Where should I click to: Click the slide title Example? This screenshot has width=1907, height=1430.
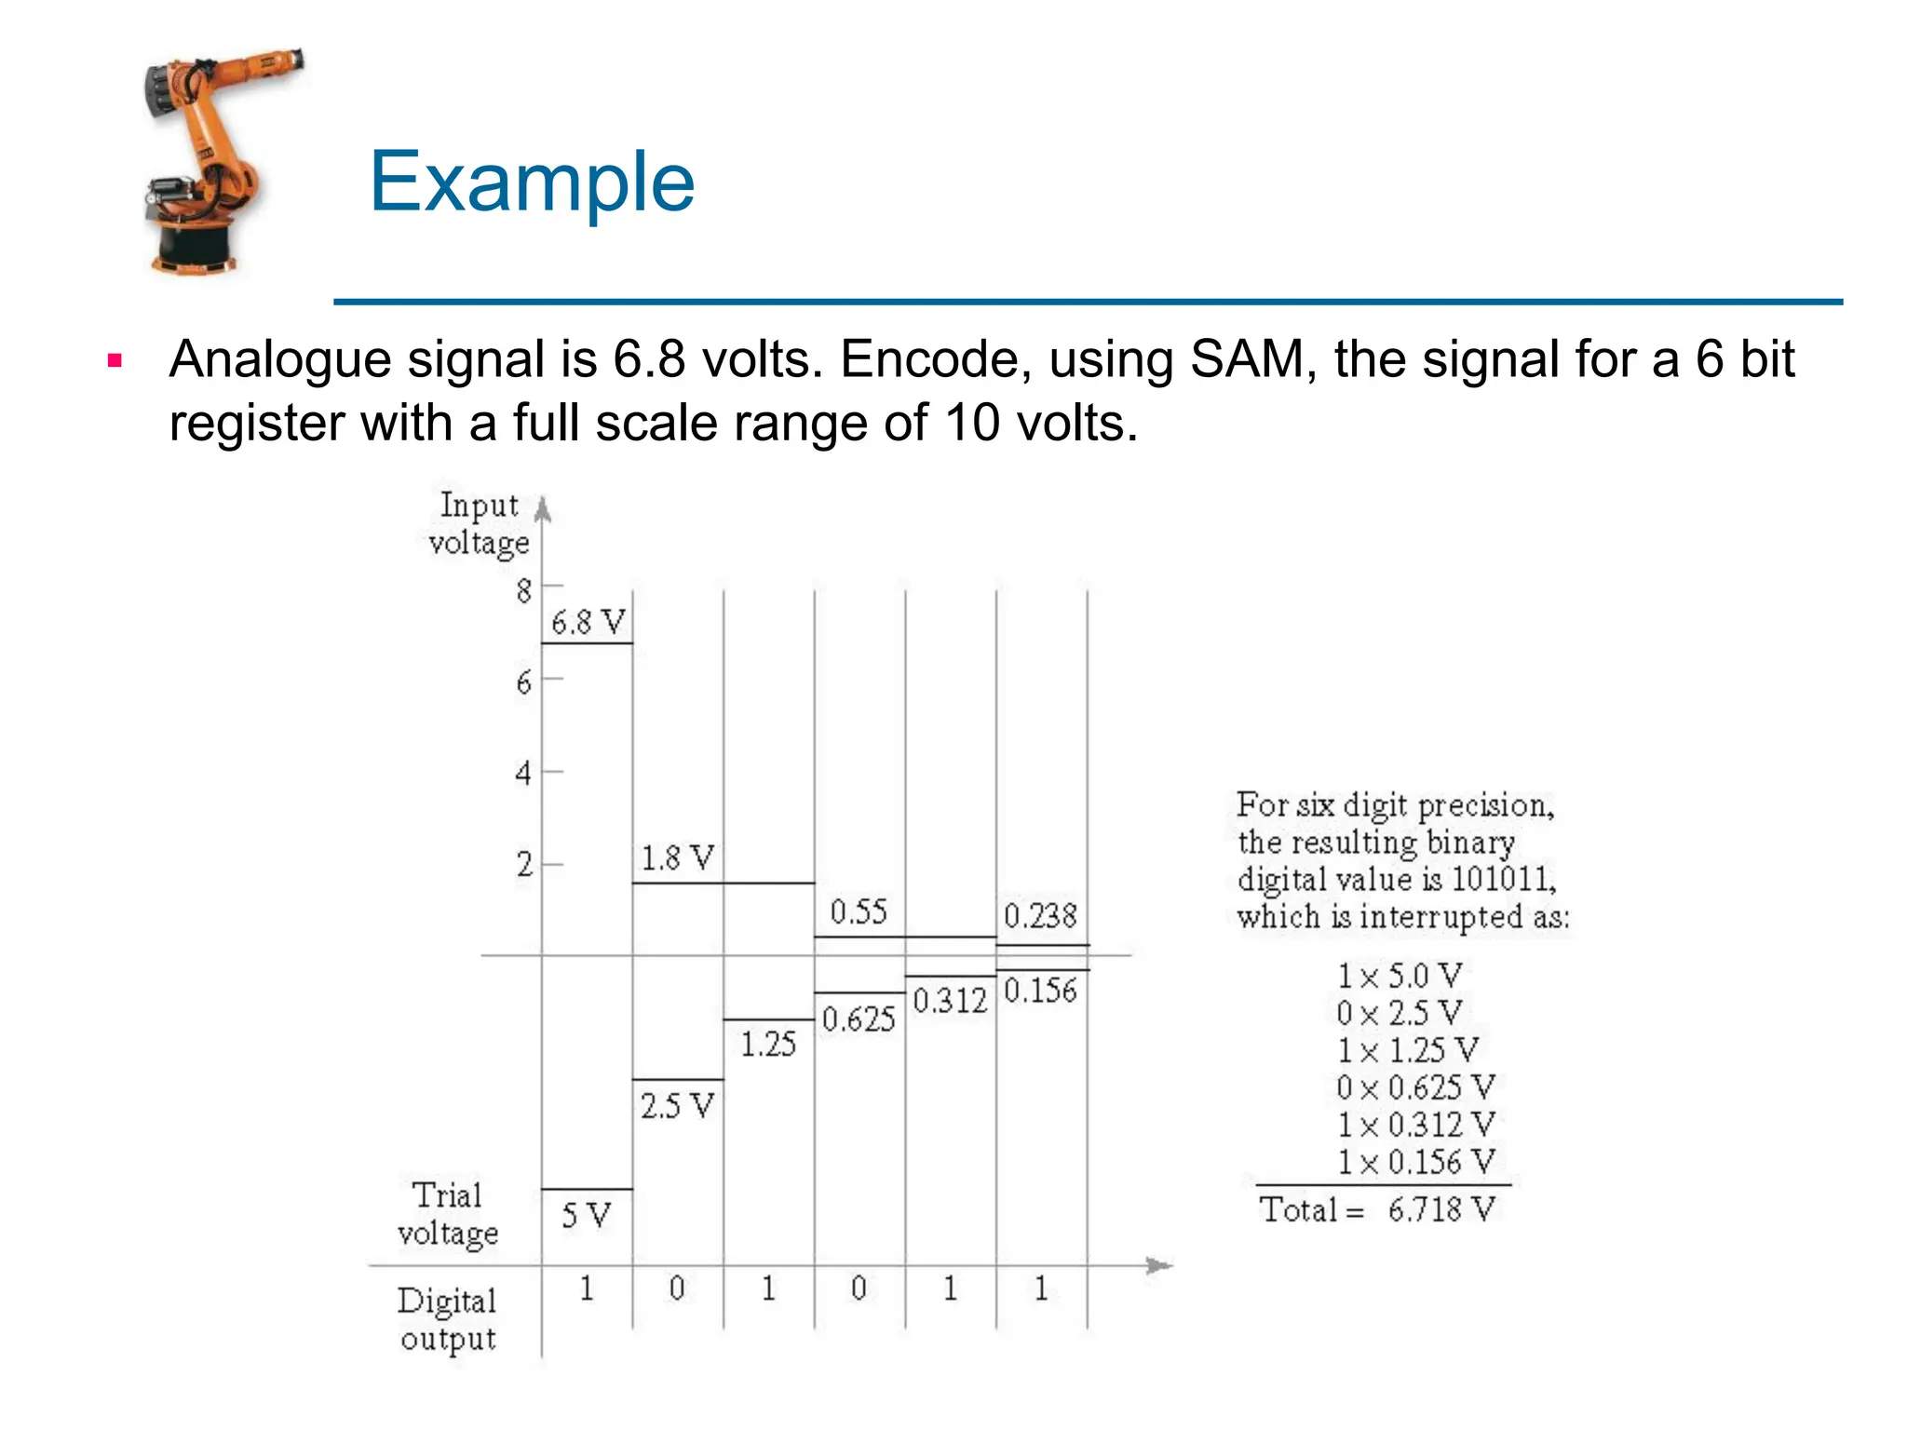coord(532,182)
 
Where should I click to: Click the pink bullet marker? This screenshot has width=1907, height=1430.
coord(115,361)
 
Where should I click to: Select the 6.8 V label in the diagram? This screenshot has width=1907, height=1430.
coord(588,622)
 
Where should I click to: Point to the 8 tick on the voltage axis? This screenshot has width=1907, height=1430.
coord(524,590)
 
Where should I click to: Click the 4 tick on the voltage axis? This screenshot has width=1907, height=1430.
coord(524,773)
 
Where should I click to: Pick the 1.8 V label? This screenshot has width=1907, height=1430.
coord(677,857)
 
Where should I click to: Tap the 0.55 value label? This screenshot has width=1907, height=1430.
coord(859,911)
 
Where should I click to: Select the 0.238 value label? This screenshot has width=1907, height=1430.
coord(1040,916)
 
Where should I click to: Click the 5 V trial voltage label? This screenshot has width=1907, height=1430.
coord(586,1215)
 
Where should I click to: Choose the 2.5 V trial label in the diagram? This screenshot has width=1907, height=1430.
coord(677,1106)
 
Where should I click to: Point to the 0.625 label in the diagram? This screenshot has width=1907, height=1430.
coord(859,1019)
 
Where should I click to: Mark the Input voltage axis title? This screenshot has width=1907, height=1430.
coord(479,523)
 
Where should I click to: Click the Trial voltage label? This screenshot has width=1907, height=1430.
coord(448,1214)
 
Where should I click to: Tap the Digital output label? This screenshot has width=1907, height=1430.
coord(447,1319)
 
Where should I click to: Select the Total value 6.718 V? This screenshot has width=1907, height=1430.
coord(1440,1210)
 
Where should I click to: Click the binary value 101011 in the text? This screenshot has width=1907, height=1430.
coord(1503,879)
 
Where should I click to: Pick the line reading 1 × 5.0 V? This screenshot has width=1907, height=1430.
coord(1400,977)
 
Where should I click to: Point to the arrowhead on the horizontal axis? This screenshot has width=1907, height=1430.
coord(1158,1265)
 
